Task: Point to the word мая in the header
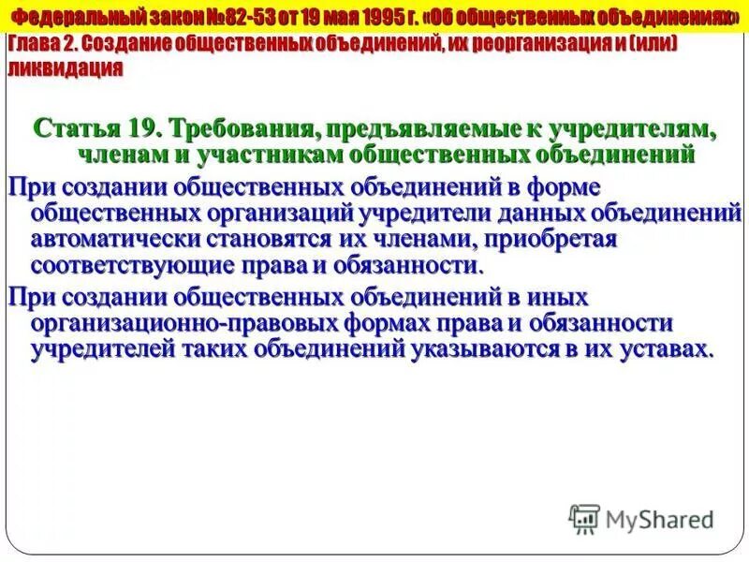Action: (x=328, y=17)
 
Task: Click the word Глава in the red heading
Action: (x=35, y=45)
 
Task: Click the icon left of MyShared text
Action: (x=583, y=518)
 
